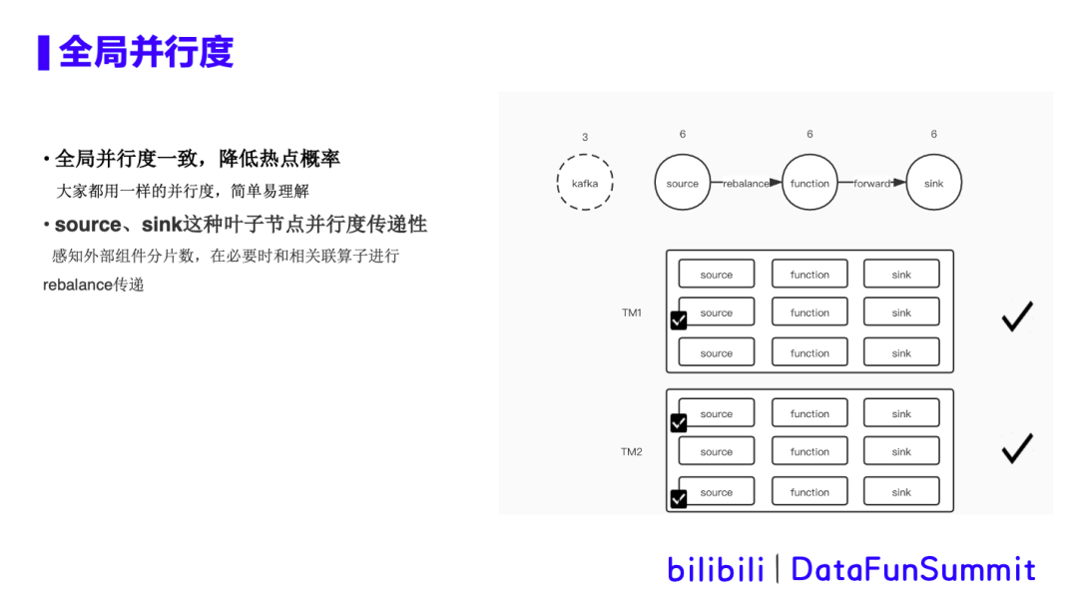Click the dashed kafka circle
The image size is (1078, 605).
click(x=584, y=183)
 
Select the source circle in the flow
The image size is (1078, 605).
click(x=682, y=183)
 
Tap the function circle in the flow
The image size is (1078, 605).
click(x=809, y=183)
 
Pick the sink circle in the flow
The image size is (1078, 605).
click(x=933, y=183)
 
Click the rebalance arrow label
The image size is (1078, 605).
click(x=746, y=184)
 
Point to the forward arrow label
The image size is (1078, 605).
click(x=871, y=184)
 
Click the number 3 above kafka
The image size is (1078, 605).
click(x=585, y=138)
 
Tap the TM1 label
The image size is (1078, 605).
click(x=632, y=312)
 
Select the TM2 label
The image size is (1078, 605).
click(x=632, y=451)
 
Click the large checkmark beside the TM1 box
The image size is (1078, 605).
click(x=1016, y=316)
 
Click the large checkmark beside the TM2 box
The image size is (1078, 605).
click(x=1016, y=448)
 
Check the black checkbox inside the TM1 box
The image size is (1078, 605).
click(x=679, y=320)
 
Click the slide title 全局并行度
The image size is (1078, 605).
click(x=146, y=52)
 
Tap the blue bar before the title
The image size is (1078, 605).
click(x=43, y=52)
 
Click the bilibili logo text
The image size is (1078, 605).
click(x=715, y=569)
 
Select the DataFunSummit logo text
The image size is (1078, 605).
click(x=912, y=569)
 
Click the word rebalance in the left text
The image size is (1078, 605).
click(x=78, y=286)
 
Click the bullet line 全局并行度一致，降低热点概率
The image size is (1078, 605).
click(x=197, y=159)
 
